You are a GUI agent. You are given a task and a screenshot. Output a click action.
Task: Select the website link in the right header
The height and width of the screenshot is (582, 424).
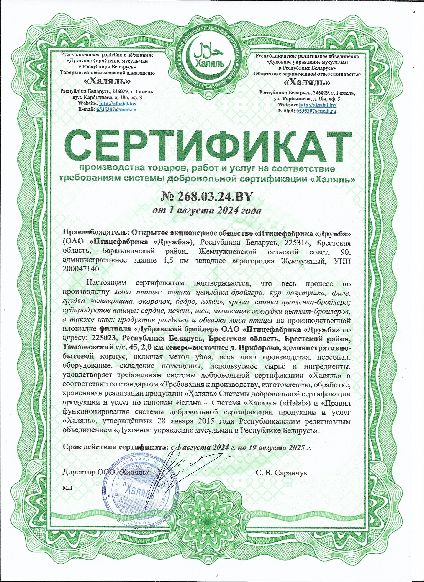pyautogui.click(x=318, y=105)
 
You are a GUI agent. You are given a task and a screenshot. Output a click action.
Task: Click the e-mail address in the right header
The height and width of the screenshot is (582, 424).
pyautogui.click(x=316, y=111)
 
